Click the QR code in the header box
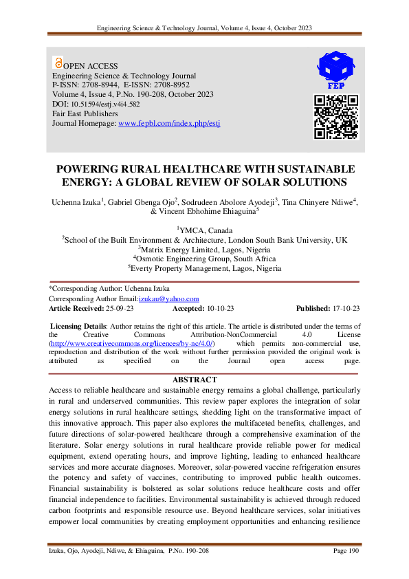(x=336, y=117)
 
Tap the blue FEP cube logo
(x=336, y=67)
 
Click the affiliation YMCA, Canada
(x=205, y=230)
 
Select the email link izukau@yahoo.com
(x=168, y=299)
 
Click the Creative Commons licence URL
(x=132, y=342)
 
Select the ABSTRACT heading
(x=195, y=380)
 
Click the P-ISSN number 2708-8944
(x=104, y=85)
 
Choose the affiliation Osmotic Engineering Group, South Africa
(x=205, y=259)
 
